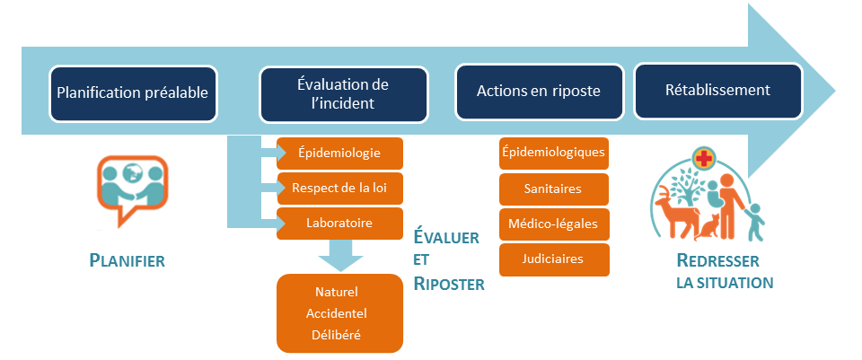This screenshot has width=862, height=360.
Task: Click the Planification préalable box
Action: click(x=133, y=93)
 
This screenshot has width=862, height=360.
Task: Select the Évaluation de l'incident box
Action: click(x=344, y=94)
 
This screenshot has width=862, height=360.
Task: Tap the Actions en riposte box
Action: click(x=540, y=92)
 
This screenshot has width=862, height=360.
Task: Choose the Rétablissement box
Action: click(x=718, y=92)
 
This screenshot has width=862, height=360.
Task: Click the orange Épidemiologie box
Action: click(x=339, y=154)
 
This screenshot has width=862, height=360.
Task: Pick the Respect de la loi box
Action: click(x=339, y=189)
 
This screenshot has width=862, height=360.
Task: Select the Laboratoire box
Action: click(x=339, y=224)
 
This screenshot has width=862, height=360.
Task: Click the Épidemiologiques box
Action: click(x=554, y=154)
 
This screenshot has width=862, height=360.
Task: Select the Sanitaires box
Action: click(x=554, y=189)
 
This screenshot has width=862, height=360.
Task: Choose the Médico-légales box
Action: click(x=554, y=224)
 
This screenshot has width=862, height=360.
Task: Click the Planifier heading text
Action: click(x=127, y=260)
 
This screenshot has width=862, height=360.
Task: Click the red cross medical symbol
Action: click(x=702, y=160)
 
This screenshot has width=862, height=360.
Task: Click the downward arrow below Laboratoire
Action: click(x=340, y=255)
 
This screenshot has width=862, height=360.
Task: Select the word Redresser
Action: click(x=717, y=260)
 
